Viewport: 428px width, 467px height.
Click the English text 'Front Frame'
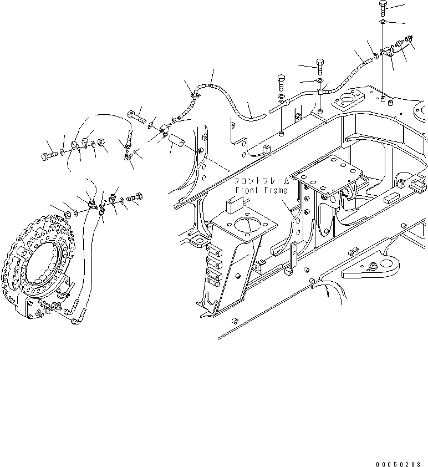[262, 190]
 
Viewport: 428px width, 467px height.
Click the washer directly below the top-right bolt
[384, 22]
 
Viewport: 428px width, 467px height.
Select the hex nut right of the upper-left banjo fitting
[102, 145]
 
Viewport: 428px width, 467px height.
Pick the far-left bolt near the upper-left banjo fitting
[47, 155]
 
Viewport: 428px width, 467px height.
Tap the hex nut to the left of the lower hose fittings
[68, 213]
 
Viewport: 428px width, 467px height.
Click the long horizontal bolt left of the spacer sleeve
[137, 118]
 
